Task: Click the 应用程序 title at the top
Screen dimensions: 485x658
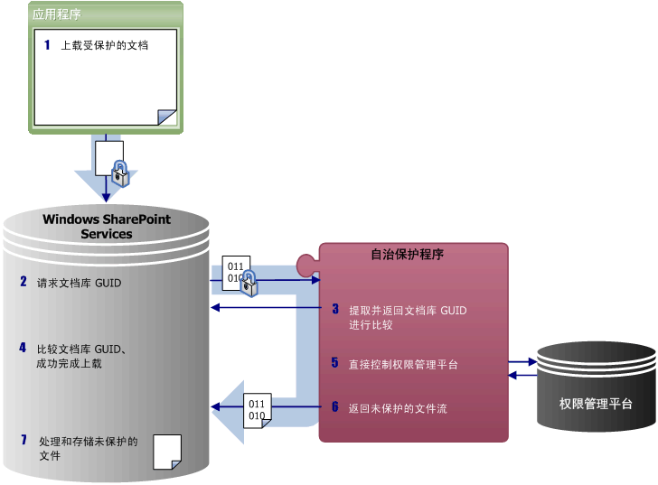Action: (57, 14)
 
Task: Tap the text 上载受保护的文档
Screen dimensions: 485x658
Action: (104, 45)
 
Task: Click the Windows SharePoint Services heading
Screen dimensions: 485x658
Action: (107, 226)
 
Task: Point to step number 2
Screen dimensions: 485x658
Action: (23, 282)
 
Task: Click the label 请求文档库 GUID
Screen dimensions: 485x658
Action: (79, 283)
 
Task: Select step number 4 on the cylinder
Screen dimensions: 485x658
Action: (23, 348)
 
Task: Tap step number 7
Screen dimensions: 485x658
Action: (23, 441)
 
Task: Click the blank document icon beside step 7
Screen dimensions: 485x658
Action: (167, 451)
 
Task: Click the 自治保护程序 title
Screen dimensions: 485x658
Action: (408, 255)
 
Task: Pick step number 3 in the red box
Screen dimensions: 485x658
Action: (334, 309)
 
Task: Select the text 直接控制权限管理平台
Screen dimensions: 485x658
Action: (403, 365)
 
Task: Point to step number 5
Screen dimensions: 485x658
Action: (334, 363)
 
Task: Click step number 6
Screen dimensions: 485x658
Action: (334, 407)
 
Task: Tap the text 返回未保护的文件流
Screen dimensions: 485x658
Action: (398, 408)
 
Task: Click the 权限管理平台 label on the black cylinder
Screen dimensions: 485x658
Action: (595, 404)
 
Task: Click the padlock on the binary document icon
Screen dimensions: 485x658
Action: (249, 284)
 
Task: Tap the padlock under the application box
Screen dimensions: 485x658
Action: (120, 173)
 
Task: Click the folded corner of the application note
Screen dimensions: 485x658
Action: (166, 117)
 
